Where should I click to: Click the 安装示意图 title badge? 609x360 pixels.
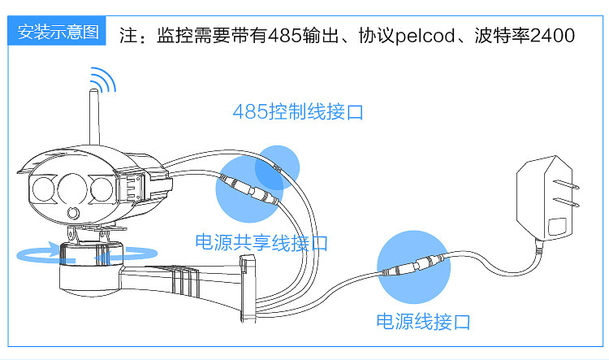click(x=58, y=33)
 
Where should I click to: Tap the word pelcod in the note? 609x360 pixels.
click(x=428, y=37)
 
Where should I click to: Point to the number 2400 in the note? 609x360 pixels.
click(x=552, y=37)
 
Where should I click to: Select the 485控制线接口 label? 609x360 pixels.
click(x=297, y=111)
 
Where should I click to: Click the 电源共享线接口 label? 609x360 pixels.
click(x=261, y=242)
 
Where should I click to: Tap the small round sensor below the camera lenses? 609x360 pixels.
click(x=74, y=214)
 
